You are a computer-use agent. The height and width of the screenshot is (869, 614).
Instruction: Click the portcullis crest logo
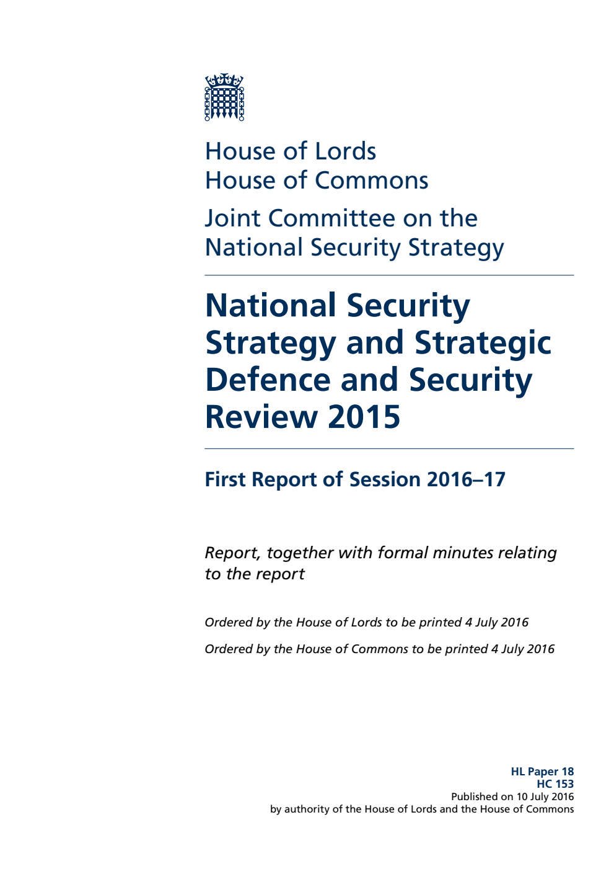[224, 97]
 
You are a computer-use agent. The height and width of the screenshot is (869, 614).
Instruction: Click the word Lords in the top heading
[345, 151]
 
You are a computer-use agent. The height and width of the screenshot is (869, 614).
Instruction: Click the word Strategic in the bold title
[483, 343]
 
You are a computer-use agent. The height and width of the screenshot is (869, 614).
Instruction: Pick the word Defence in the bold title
[268, 380]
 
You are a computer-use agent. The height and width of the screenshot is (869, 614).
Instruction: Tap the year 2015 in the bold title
[364, 417]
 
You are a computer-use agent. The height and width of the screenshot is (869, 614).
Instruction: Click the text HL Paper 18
[542, 772]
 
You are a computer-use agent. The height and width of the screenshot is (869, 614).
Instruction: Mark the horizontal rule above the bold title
[389, 275]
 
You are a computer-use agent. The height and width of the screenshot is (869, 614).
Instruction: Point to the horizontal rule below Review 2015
[389, 448]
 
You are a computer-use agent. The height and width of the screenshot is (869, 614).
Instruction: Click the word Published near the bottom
[474, 796]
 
